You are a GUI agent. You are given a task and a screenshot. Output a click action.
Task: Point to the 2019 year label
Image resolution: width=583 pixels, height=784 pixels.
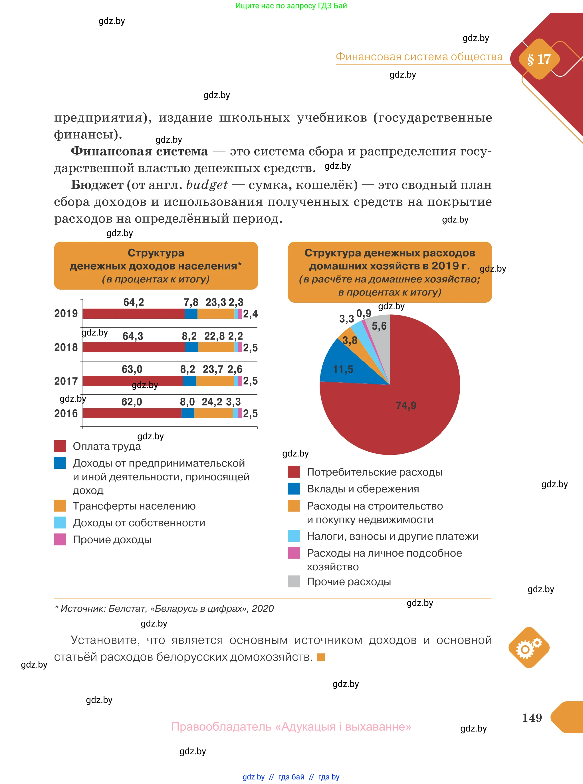(66, 313)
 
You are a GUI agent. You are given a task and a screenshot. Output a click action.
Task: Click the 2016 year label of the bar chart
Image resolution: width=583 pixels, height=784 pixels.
(66, 413)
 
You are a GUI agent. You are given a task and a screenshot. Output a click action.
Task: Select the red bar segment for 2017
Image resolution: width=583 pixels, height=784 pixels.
(133, 381)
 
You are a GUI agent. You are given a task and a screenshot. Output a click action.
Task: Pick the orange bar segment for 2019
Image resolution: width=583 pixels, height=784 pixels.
(216, 314)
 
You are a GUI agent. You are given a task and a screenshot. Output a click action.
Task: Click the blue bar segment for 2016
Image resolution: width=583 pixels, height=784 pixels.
(188, 413)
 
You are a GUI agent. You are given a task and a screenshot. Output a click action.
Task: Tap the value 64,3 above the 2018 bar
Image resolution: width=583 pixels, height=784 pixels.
(133, 336)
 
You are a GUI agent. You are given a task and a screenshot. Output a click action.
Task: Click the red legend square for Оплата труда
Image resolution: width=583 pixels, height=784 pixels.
(60, 446)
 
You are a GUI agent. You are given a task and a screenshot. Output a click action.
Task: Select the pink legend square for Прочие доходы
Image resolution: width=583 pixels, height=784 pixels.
(60, 539)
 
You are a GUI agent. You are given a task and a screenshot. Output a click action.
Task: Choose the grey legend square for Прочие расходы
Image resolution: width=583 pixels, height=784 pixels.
(294, 581)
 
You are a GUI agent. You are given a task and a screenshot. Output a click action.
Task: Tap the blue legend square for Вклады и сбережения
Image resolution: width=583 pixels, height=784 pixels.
(294, 489)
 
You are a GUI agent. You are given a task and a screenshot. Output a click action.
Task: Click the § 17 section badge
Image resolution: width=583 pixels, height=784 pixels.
(539, 59)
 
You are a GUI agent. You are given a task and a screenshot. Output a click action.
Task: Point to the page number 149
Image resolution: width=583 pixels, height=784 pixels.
(532, 717)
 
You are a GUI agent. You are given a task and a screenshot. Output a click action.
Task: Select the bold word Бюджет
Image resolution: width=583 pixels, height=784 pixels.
(97, 185)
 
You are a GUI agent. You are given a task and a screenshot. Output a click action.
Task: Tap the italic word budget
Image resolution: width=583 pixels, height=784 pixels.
(207, 185)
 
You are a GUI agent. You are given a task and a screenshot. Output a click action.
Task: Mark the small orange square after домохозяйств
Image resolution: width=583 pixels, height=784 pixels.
(321, 657)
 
